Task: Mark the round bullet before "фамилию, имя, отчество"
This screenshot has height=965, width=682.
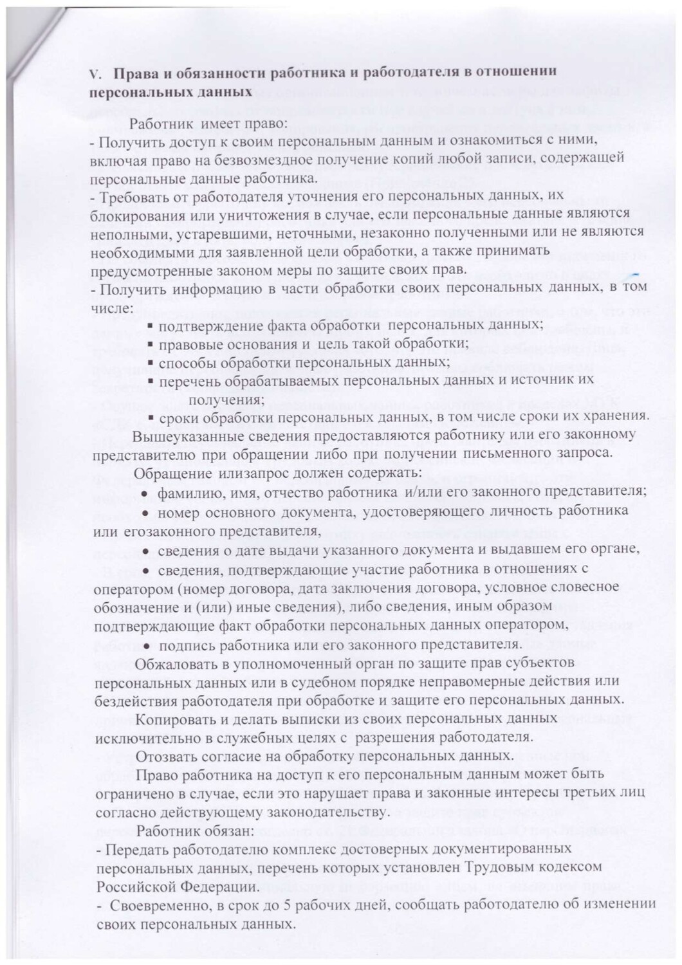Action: [146, 492]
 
